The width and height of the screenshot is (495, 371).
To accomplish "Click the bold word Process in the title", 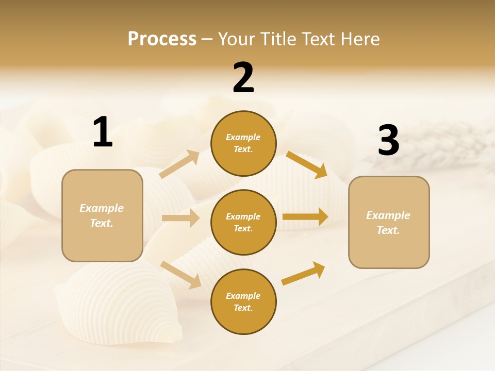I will (162, 39).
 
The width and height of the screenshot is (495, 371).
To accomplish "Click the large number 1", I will (103, 132).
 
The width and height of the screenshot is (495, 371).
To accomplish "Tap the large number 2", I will (243, 78).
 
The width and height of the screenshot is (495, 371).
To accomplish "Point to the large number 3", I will (388, 140).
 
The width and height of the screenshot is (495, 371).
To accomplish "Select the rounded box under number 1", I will (102, 215).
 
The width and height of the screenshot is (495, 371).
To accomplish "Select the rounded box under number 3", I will (389, 222).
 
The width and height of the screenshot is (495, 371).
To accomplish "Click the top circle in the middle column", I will (243, 143).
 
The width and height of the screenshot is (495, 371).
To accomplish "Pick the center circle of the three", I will (243, 222).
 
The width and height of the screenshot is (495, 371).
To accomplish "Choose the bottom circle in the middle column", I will (243, 301).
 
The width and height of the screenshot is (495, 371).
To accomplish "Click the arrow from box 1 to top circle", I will (179, 164).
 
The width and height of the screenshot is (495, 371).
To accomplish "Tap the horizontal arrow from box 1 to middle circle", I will (180, 218).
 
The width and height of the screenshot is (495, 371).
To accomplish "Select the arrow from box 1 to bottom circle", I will (180, 275).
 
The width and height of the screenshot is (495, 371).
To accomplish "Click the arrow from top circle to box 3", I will (306, 164).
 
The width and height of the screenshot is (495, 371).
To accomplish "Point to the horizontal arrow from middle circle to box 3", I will (305, 216).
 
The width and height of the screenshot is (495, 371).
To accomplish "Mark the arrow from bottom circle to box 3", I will (303, 273).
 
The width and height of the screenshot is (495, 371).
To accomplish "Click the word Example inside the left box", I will (102, 208).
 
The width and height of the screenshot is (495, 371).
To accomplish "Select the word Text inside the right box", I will (388, 230).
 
